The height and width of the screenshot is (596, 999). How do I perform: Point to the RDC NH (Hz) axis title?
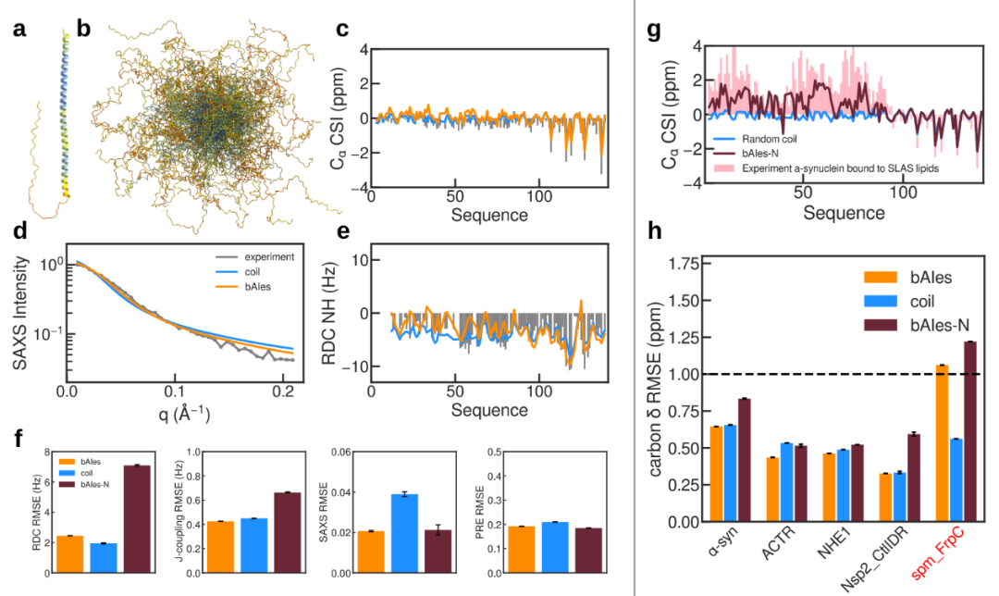(349, 320)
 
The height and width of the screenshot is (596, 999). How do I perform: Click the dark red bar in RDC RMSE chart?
(136, 518)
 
